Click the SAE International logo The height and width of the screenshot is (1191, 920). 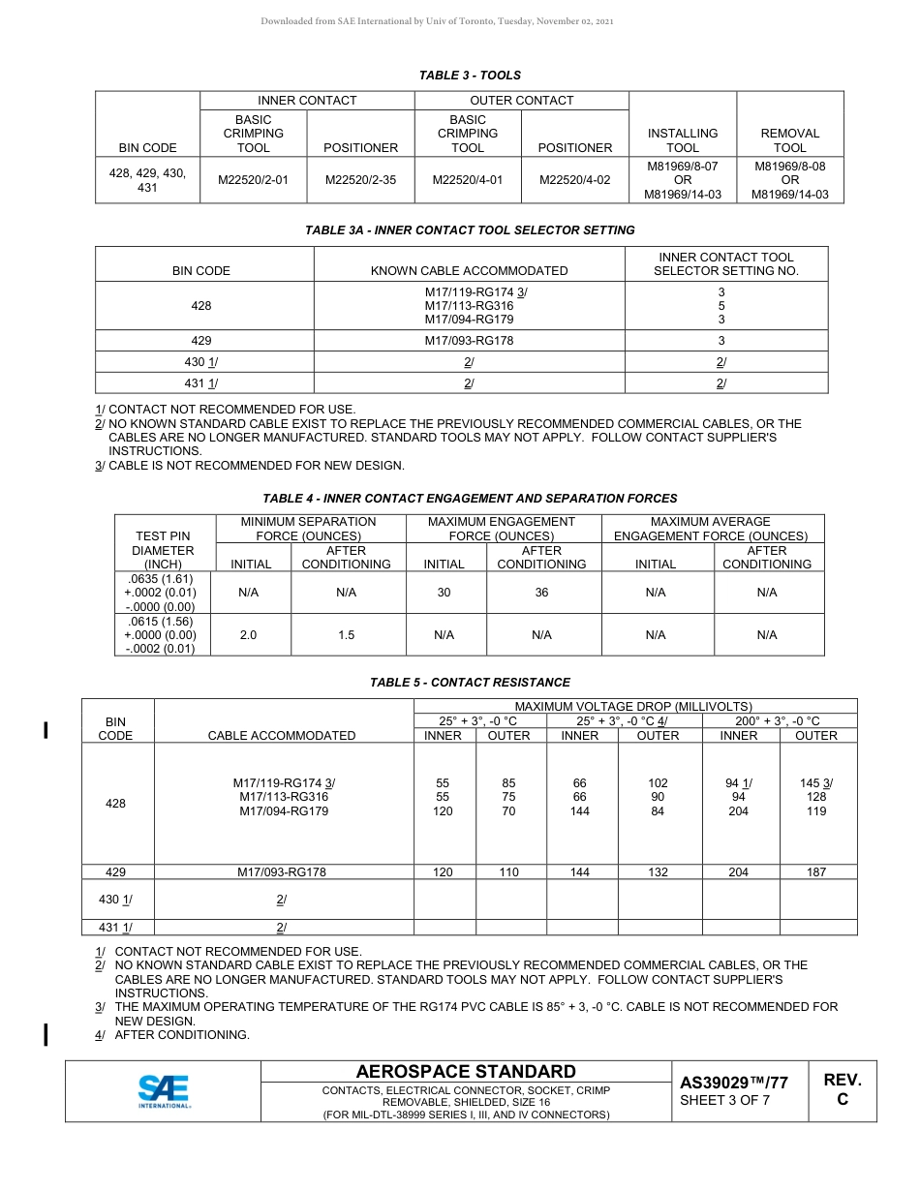click(x=164, y=1090)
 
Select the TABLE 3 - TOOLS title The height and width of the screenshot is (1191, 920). click(x=470, y=76)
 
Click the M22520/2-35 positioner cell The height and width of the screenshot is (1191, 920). click(x=360, y=180)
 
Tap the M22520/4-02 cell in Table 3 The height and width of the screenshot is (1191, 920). click(x=575, y=180)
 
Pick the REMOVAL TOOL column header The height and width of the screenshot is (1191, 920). click(x=789, y=140)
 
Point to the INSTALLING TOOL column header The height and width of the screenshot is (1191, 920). click(x=683, y=140)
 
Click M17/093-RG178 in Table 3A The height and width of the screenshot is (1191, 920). click(x=469, y=341)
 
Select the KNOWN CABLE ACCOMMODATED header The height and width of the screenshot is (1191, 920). click(x=469, y=271)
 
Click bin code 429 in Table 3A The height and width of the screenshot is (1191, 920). click(x=201, y=341)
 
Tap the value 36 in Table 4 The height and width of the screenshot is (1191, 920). click(x=541, y=593)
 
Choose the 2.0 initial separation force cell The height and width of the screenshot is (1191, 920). click(x=249, y=635)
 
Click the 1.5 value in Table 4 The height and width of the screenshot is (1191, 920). click(x=346, y=635)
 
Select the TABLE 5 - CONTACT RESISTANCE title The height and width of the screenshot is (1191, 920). click(x=470, y=683)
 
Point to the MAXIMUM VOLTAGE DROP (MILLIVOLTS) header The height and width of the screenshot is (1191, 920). click(x=633, y=707)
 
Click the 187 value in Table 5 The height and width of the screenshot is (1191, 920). click(x=816, y=872)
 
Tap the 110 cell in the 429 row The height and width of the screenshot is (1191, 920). click(x=508, y=872)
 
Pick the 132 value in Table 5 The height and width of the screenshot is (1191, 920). click(x=658, y=872)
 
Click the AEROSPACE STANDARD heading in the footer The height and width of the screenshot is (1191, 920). click(x=466, y=1072)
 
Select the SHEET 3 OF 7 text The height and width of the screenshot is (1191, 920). click(x=724, y=1101)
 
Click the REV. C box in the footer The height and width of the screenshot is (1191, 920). click(x=842, y=1090)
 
